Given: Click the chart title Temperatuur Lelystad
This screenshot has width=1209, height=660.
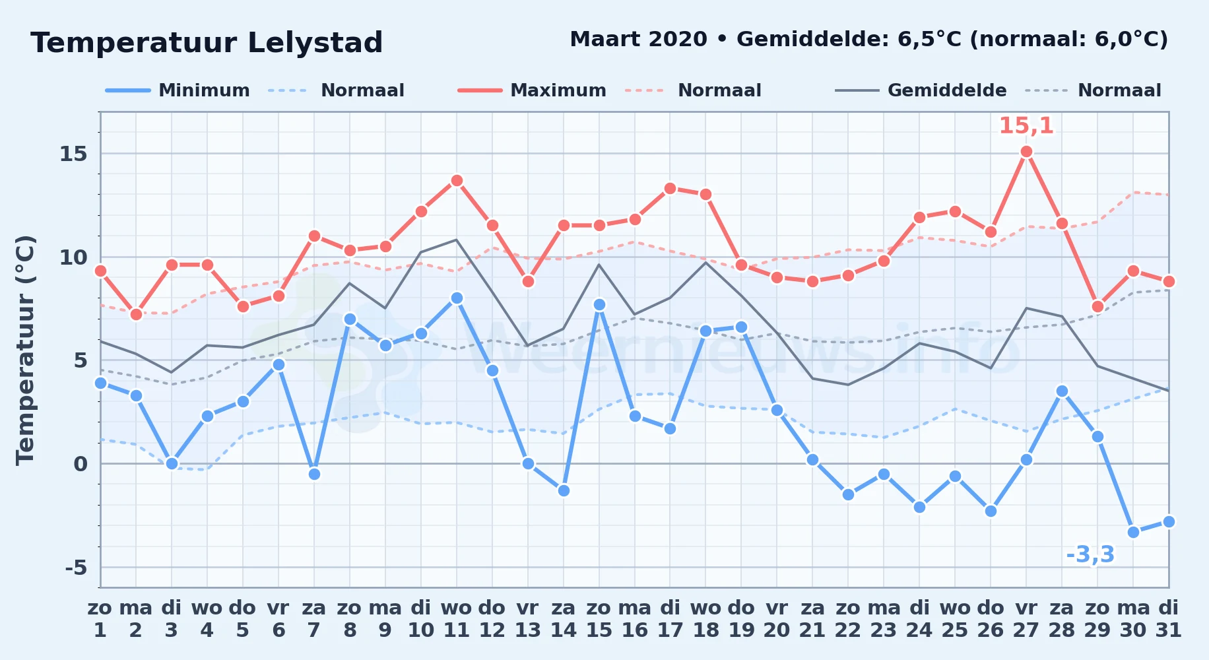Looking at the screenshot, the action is (207, 43).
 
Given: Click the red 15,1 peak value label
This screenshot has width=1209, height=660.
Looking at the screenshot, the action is (1026, 125).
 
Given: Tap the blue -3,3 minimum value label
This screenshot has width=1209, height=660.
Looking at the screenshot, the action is (1090, 554).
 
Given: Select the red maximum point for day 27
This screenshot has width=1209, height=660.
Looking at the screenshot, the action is (1026, 152).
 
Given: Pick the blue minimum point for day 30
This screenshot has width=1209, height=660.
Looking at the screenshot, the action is (1134, 532).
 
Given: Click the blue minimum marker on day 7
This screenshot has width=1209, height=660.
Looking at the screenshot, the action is (314, 474).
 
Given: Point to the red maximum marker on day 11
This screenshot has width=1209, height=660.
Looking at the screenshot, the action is (457, 181).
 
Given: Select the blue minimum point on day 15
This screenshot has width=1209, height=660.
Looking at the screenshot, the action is (599, 304).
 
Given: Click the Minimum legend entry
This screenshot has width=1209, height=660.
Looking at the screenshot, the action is (178, 90).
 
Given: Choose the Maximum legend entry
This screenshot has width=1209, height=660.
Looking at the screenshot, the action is (533, 90).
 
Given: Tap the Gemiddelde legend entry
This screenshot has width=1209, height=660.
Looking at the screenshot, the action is (921, 90).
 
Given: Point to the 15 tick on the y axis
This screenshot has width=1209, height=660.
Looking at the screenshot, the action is (73, 154).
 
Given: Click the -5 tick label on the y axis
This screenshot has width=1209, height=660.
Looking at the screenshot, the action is (76, 568).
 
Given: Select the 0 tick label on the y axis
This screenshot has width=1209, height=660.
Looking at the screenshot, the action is (81, 464).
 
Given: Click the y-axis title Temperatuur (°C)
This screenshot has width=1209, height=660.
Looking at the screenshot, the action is (25, 350).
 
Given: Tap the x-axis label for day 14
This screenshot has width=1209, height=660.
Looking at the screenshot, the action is (564, 619).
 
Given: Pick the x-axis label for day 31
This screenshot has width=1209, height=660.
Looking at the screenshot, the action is (1169, 619).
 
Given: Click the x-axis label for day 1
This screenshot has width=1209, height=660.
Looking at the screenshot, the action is (100, 619).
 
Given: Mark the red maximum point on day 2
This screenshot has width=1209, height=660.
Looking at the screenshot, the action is (136, 314).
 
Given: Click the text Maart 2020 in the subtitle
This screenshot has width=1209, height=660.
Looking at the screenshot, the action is (638, 39).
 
